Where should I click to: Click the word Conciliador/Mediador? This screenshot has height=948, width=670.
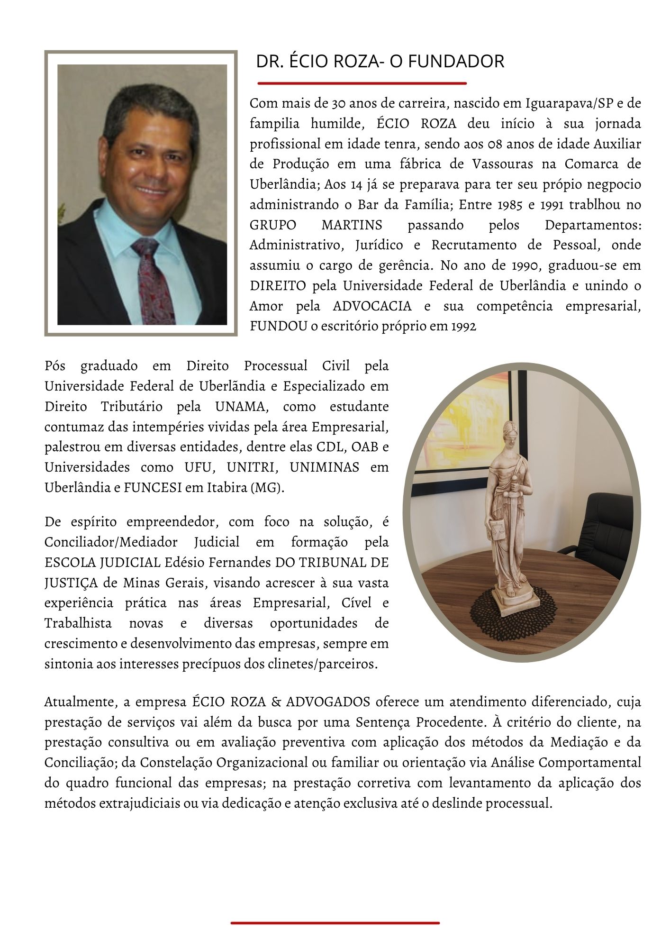111,542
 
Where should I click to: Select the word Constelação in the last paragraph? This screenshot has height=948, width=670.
176,763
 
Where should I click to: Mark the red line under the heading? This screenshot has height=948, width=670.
362,83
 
